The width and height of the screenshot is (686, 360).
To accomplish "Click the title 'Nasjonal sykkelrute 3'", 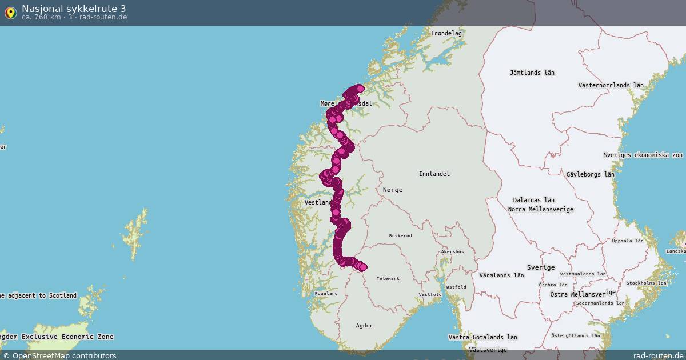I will point(74,8).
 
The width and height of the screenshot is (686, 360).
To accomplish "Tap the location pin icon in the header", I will point(10,12).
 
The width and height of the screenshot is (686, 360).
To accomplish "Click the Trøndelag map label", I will point(446,33).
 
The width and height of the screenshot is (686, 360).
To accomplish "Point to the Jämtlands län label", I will point(532,73).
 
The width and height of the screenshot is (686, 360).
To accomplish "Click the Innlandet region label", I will point(434,174).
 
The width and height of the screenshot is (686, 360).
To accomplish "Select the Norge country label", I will point(393,190).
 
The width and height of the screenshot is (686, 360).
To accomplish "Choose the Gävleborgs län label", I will point(591,174).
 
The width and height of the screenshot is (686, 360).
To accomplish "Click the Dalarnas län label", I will point(533,200).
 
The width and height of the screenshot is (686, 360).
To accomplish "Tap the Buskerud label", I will point(400,235).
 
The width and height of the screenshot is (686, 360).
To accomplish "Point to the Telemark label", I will point(388,278).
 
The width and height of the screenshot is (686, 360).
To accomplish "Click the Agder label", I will point(364,326).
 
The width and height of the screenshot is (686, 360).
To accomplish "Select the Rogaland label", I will point(326,293).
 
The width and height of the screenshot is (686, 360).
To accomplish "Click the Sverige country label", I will point(540,267).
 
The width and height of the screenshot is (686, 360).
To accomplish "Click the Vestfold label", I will point(430,294).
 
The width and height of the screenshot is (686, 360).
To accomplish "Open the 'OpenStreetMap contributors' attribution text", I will point(64,355).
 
